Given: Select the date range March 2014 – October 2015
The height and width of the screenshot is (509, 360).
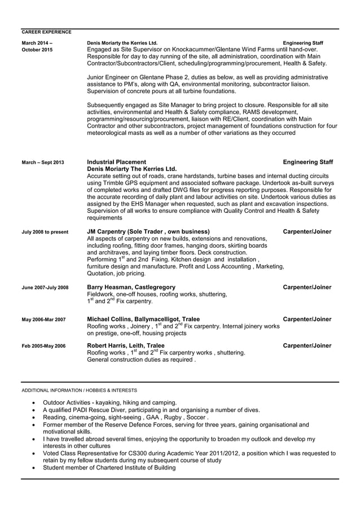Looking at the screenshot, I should point(37,46).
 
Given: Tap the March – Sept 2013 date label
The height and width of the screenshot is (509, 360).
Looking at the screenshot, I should point(42,163).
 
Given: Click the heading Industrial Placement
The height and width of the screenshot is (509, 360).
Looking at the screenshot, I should point(117,162).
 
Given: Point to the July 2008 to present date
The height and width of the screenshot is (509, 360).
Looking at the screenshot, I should point(45,232).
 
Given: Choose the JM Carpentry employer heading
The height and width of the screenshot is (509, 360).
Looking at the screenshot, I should point(148,231).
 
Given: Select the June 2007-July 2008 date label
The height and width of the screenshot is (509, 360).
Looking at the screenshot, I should point(45,288).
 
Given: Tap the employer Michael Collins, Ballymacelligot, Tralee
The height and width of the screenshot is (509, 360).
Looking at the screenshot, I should point(143,319).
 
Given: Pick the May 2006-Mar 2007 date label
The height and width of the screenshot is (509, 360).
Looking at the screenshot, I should point(43,320).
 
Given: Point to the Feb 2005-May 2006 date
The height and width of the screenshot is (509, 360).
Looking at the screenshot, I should point(43,346).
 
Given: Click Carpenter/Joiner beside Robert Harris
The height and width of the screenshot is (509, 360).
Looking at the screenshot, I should point(307,345).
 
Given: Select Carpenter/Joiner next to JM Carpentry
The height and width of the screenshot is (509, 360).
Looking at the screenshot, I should point(307,231).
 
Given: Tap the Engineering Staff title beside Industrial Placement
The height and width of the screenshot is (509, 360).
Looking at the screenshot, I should point(308,162).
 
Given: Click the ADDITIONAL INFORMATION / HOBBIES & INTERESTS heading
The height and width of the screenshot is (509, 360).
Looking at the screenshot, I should point(79,390).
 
